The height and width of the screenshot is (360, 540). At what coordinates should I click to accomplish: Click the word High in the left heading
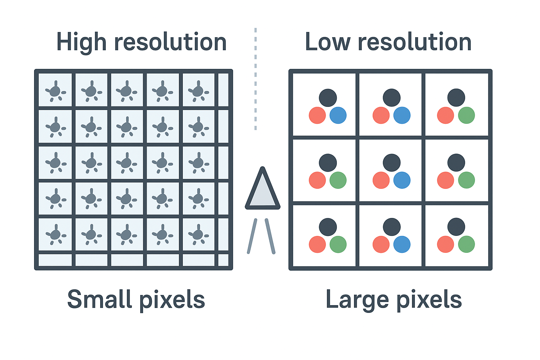click(81, 43)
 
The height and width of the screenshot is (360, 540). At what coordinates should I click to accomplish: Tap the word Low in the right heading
click(327, 43)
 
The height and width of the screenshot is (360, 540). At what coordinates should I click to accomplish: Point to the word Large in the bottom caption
click(356, 300)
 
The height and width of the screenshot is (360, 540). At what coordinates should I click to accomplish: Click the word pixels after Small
click(172, 301)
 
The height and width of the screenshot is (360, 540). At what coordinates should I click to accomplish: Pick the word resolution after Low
click(414, 43)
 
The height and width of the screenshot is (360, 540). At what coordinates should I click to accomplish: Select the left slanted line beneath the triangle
click(252, 236)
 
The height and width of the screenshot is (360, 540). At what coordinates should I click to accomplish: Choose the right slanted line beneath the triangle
click(270, 236)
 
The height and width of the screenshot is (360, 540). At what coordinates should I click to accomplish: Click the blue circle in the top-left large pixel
click(338, 115)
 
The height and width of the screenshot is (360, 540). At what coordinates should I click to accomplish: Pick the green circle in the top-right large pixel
click(467, 115)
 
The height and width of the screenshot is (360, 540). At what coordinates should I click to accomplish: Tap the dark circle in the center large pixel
click(392, 163)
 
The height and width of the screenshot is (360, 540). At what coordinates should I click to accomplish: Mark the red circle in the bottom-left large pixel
click(317, 244)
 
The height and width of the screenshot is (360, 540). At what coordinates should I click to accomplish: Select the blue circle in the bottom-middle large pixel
click(402, 244)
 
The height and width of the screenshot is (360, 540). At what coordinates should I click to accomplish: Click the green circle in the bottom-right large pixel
click(467, 244)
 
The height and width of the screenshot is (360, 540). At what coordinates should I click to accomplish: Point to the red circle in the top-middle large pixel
click(381, 115)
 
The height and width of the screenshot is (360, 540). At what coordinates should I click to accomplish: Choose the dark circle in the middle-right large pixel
click(456, 163)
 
